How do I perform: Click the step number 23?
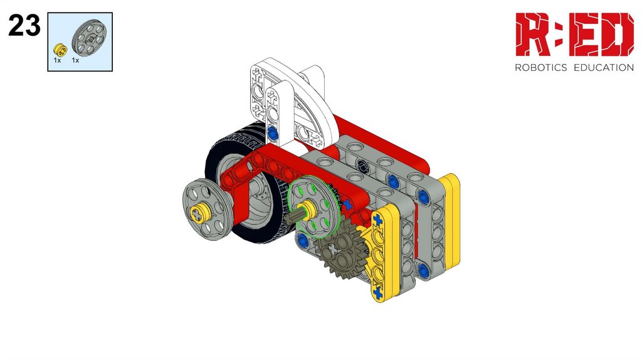(x=24, y=26)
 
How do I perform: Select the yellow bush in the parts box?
(x=60, y=50)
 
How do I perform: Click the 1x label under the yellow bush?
(x=57, y=60)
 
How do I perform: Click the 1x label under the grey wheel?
(x=75, y=60)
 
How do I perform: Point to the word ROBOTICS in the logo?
(x=540, y=68)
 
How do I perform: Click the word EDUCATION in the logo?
(x=604, y=68)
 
